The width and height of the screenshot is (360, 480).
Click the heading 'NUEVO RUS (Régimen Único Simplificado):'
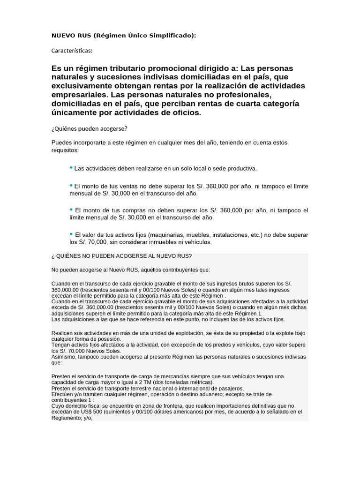124,36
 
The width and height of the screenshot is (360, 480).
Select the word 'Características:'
72,50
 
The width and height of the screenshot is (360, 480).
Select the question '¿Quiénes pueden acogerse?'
89,128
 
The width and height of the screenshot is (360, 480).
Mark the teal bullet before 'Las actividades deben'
71,167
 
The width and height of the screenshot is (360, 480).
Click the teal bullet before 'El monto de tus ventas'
71,185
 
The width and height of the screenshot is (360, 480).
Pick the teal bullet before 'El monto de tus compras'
71,209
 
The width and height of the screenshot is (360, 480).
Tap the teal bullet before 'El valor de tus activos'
71,233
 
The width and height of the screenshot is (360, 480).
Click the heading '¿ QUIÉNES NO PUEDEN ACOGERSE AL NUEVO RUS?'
121,256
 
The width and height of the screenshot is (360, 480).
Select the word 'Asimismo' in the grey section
65,357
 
